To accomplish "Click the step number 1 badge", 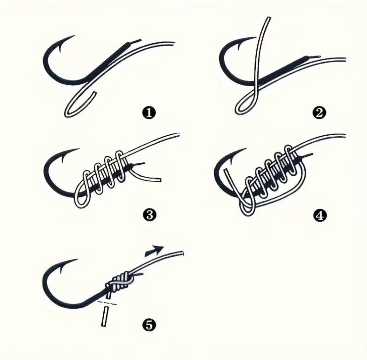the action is coord(149,113).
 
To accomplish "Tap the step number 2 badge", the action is coord(319,113).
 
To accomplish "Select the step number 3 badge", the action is coord(149,214).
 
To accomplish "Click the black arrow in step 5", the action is coord(154,250).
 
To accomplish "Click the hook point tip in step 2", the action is coord(256,37).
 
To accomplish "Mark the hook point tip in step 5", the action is coord(78,259).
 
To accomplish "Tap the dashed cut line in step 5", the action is coord(107,303).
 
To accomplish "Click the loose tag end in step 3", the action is coord(159,180).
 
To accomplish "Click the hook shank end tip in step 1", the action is coord(141,40).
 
